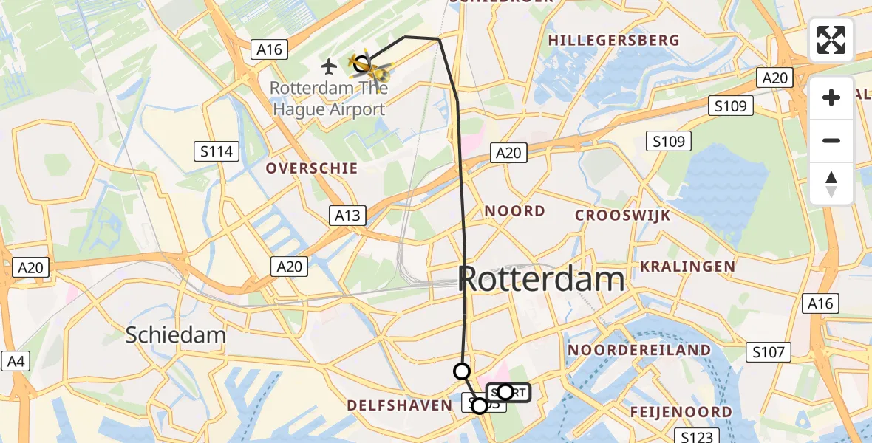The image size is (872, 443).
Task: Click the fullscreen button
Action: click(x=831, y=39)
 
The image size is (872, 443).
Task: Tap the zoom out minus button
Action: click(x=831, y=140)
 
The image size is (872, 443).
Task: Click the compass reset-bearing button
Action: click(x=831, y=184)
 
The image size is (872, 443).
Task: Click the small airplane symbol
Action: click(x=330, y=66)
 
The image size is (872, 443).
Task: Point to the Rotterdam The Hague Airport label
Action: click(x=327, y=99)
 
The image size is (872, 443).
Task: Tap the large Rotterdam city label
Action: click(x=542, y=280)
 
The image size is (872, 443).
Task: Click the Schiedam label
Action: click(x=176, y=334)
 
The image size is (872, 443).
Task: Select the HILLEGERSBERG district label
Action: click(x=614, y=40)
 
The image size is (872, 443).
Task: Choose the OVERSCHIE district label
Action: click(x=312, y=168)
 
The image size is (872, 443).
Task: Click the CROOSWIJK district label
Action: click(x=623, y=216)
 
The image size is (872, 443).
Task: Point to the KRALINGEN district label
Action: click(x=687, y=267)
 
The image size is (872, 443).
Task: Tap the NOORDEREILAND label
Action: click(x=639, y=350)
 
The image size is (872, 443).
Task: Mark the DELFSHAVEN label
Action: click(x=399, y=405)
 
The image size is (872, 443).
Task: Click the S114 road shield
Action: click(x=217, y=152)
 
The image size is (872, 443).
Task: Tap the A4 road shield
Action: click(x=16, y=361)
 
